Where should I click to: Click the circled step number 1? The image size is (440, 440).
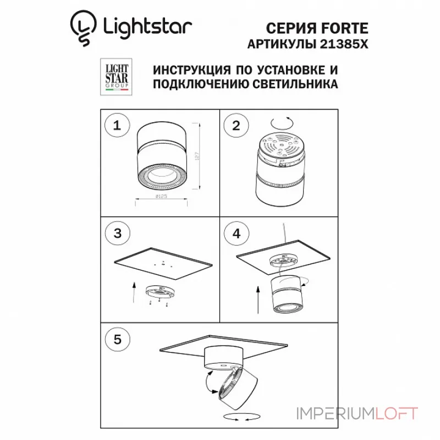tap(116, 126)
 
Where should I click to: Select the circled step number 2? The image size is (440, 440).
tap(236, 126)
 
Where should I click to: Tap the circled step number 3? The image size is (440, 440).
tap(116, 233)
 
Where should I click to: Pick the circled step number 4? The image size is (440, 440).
tap(236, 233)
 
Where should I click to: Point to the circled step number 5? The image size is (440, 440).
tap(116, 339)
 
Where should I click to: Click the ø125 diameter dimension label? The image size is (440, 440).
tap(161, 196)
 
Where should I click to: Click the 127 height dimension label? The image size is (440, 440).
tap(196, 155)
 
